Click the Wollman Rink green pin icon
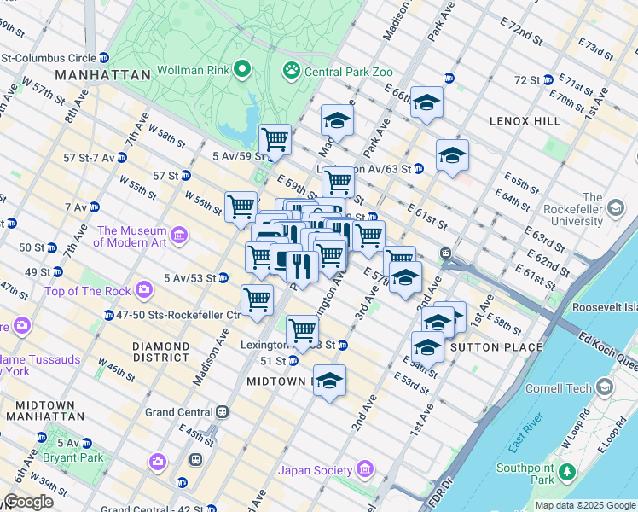coord(242,68)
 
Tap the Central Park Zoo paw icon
coord(292,68)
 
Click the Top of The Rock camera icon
coord(144,291)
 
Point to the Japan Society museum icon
coord(365,470)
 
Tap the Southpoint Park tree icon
coord(565,470)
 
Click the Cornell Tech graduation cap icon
coord(605,388)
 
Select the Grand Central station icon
coord(223,412)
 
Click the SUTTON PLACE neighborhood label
coord(496,347)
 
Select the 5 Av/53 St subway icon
coord(223,277)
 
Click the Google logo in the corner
coord(28,502)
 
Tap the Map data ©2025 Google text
coord(584,505)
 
